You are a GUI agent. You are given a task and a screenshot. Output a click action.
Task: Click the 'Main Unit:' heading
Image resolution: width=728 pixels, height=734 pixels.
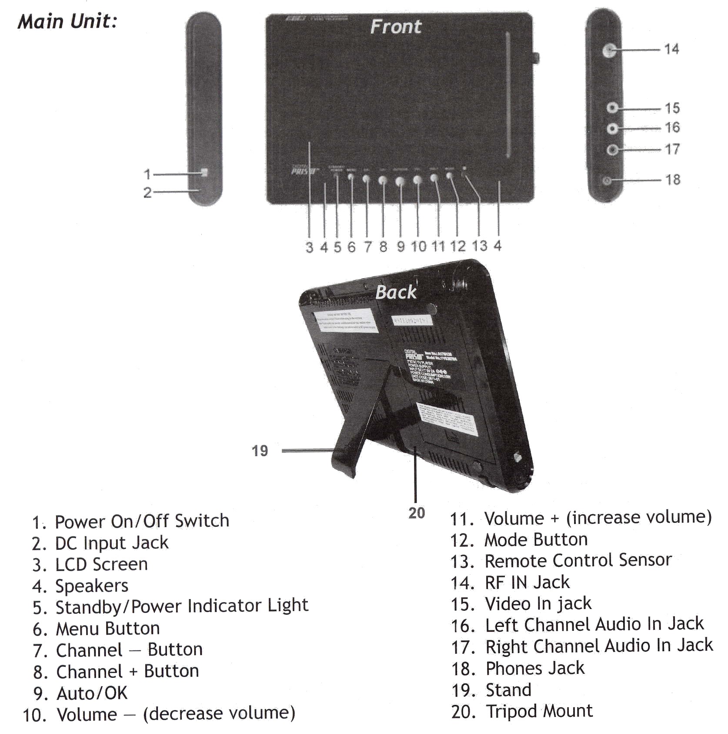67,21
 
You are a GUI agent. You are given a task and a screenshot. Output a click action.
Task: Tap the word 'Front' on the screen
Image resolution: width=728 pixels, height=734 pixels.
396,27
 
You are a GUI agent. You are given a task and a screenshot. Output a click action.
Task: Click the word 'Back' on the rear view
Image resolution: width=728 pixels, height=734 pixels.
396,292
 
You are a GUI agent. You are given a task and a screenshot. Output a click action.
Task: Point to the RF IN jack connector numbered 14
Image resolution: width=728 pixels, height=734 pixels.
609,51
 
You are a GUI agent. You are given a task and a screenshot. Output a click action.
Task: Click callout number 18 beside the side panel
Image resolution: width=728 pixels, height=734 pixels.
672,179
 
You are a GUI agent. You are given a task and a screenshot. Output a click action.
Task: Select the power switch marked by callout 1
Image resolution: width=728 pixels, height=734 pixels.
204,173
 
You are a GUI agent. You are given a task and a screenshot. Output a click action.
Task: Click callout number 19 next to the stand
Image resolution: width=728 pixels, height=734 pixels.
260,451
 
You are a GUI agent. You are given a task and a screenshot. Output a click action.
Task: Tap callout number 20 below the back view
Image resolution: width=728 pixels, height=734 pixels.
416,513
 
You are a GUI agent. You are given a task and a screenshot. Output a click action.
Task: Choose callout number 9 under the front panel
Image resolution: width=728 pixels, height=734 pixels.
401,247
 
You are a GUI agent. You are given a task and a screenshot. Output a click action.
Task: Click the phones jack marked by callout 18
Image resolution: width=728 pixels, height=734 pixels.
607,180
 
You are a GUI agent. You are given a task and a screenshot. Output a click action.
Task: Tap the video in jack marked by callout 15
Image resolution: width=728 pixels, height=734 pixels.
612,108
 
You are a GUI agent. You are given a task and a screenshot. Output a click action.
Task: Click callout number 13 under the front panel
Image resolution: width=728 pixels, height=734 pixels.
479,246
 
